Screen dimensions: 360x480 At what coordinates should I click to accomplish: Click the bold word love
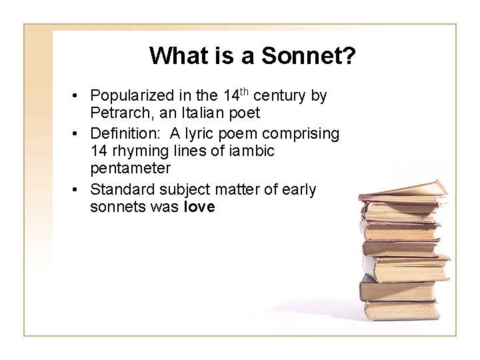point(199,207)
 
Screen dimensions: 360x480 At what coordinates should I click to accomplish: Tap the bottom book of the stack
point(400,310)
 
